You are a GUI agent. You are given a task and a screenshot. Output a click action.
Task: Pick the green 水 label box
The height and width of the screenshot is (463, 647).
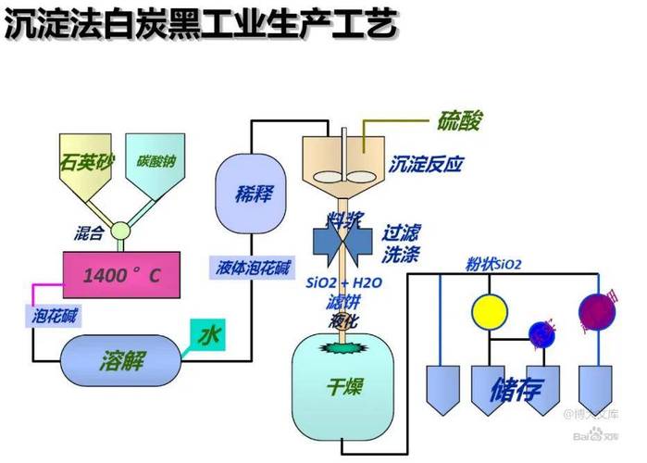click(x=207, y=334)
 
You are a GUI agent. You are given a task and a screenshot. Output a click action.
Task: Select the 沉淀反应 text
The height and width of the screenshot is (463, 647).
click(x=425, y=165)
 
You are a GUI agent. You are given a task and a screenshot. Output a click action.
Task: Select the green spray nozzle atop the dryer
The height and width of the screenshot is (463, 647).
click(x=343, y=347)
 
